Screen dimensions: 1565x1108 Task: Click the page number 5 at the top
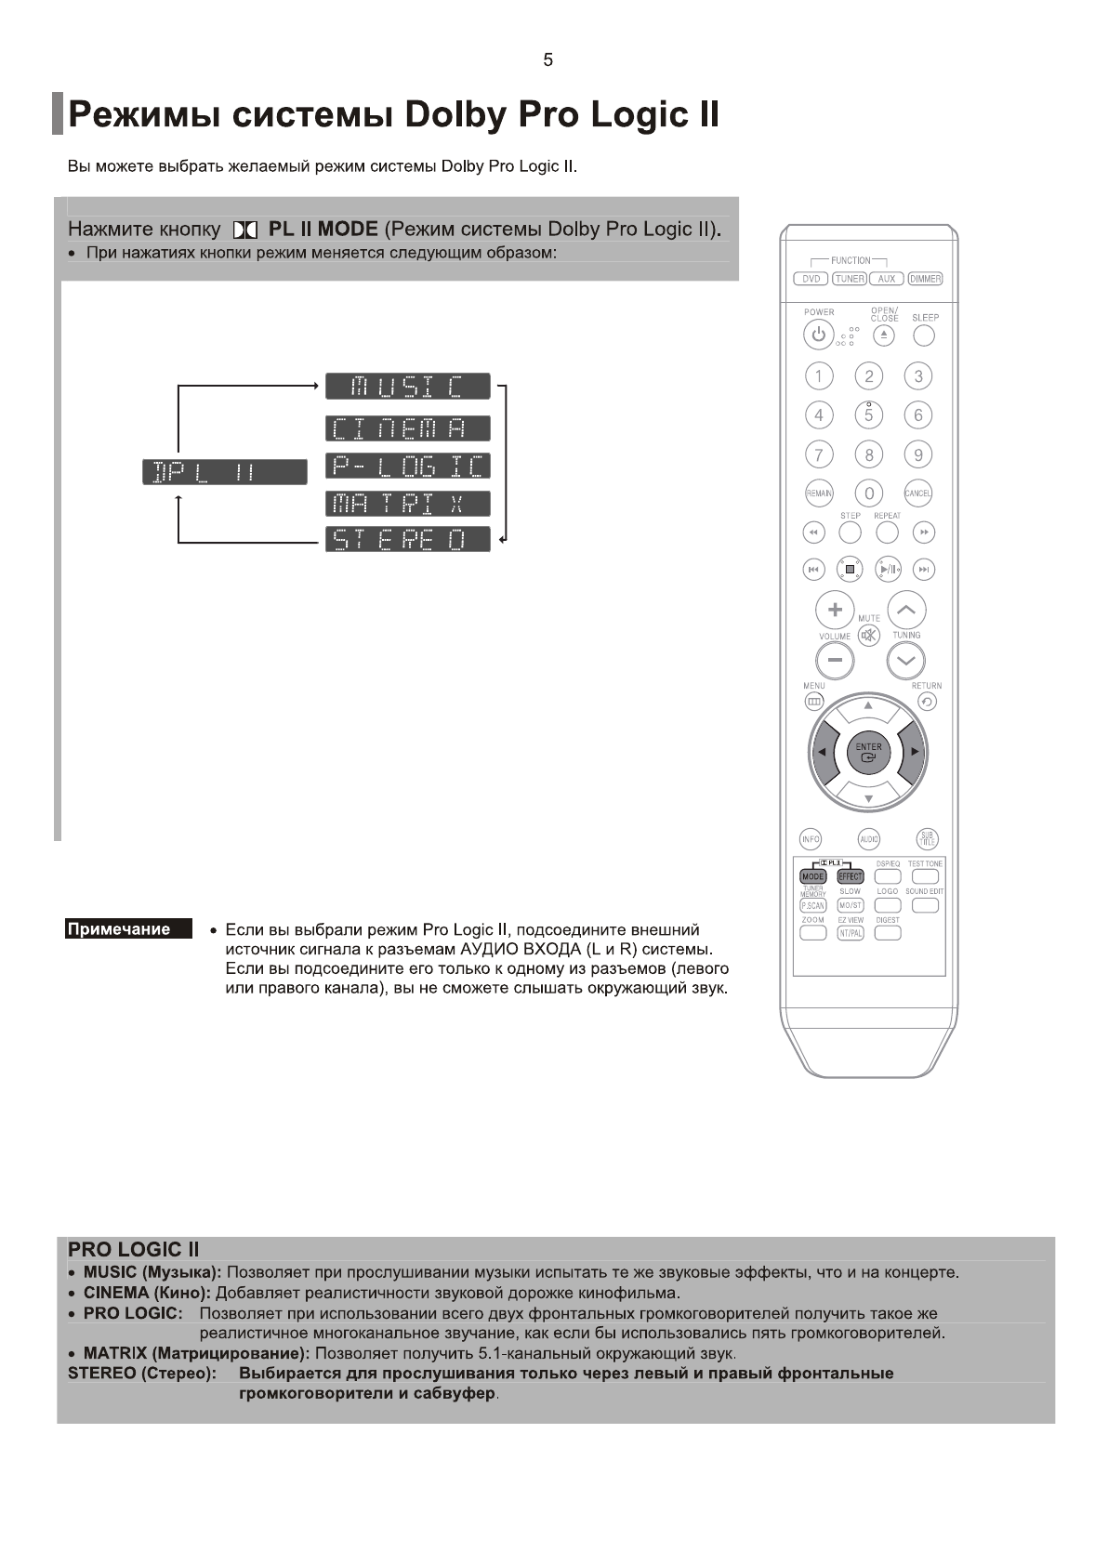click(547, 59)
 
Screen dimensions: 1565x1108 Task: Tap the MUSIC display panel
click(407, 386)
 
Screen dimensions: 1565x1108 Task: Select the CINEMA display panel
click(407, 428)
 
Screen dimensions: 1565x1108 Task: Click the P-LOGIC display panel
click(407, 466)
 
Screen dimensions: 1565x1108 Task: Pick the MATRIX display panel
click(407, 504)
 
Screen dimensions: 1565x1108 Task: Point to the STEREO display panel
click(407, 539)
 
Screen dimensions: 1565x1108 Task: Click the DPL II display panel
click(224, 472)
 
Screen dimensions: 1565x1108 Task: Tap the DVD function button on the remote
click(811, 279)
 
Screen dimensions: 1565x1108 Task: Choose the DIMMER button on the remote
click(925, 279)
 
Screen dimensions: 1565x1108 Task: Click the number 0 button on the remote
click(869, 493)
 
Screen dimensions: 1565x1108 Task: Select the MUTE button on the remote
click(868, 636)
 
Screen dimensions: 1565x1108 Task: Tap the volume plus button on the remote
click(835, 610)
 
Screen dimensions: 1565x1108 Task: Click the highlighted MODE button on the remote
click(812, 876)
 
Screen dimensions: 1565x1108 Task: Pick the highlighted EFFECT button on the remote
click(851, 876)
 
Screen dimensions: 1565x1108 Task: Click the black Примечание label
click(128, 929)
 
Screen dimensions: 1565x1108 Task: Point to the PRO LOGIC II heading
click(133, 1250)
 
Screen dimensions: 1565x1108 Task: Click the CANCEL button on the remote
click(918, 493)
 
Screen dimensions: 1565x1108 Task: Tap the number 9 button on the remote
click(918, 455)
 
